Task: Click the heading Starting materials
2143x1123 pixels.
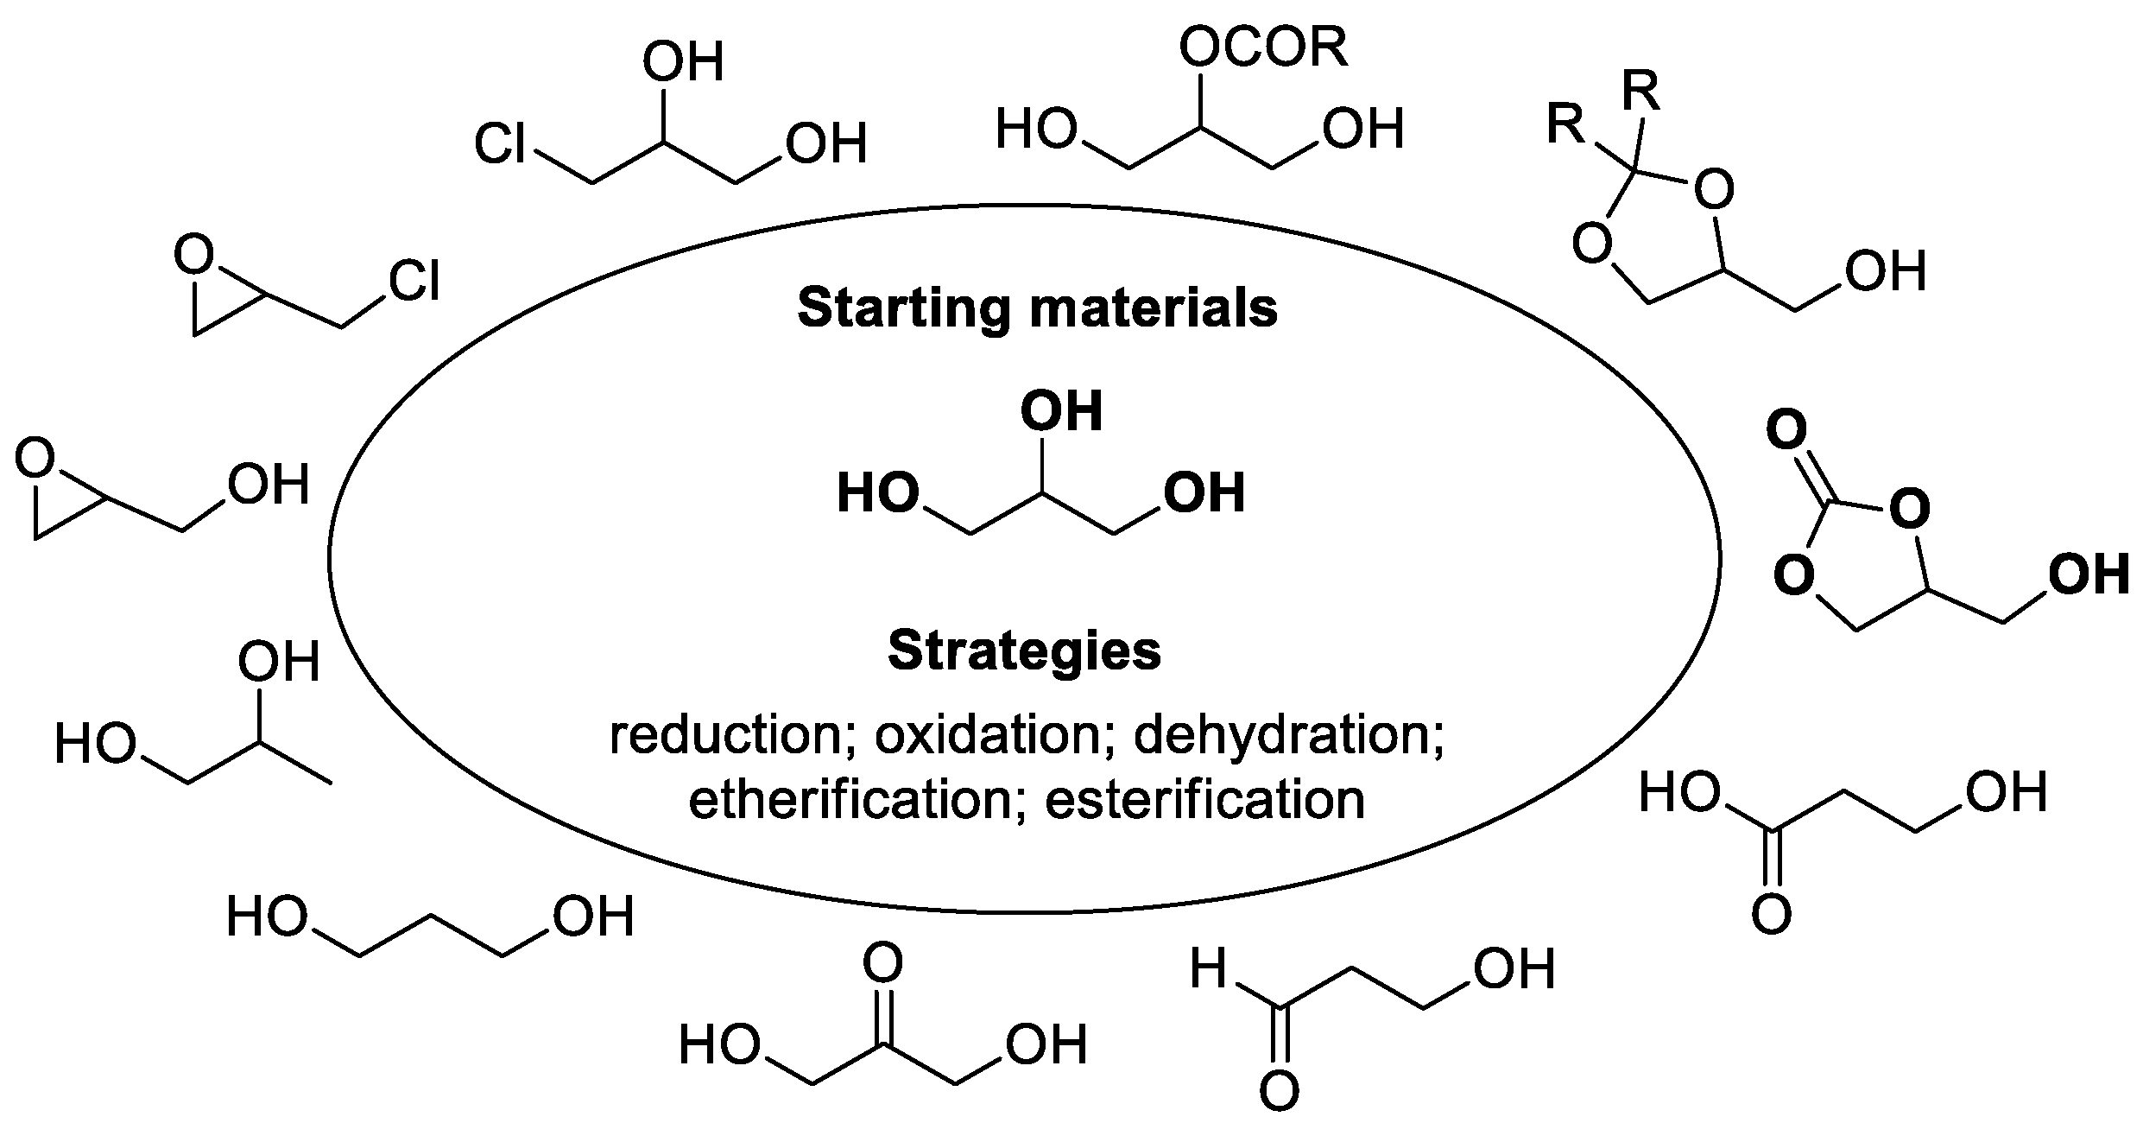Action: (x=1036, y=308)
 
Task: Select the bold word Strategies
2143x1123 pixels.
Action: (x=1024, y=651)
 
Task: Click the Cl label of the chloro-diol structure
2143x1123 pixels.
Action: (x=500, y=143)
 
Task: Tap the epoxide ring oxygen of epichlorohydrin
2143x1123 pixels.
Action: (x=193, y=257)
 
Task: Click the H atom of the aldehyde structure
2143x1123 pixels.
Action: (x=1208, y=968)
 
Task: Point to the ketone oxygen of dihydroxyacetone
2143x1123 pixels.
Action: (x=882, y=962)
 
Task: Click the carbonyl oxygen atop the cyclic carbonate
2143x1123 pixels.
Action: (x=1786, y=431)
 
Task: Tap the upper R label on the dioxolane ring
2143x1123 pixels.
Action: (x=1640, y=93)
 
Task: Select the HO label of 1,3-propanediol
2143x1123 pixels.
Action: (x=267, y=917)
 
